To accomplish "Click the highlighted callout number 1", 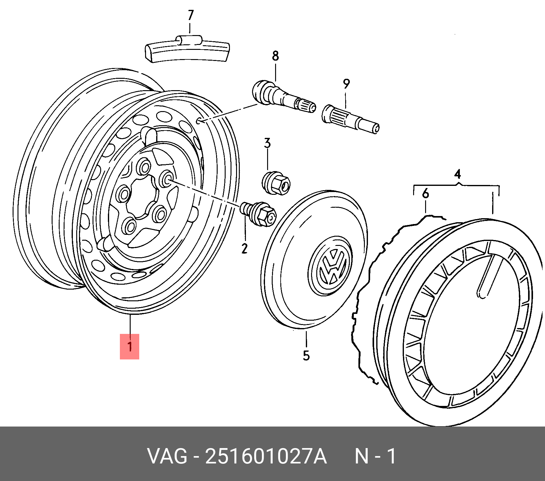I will (130, 347).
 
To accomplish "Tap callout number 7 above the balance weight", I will (191, 15).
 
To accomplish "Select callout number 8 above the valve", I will (275, 56).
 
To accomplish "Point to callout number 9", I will (346, 83).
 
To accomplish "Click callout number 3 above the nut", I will (267, 143).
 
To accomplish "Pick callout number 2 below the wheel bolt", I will (244, 248).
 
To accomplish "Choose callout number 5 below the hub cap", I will (306, 355).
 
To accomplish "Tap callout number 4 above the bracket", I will (457, 174).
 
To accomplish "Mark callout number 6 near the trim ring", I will (425, 194).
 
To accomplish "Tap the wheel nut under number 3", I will (276, 183).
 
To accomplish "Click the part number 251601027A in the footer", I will (266, 456).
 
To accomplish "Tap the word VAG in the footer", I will (167, 456).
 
